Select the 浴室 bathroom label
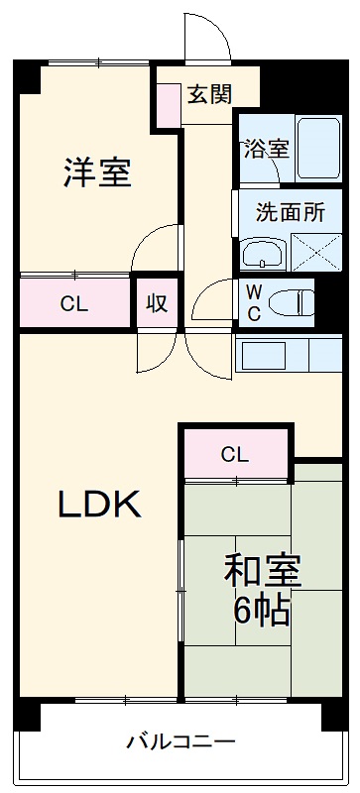pos(267,149)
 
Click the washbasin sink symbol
pos(263,255)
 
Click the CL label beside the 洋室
pos(73,304)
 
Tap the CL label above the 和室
pos(234,456)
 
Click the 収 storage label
pos(157,303)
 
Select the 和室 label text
pos(262,572)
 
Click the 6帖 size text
pos(262,612)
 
